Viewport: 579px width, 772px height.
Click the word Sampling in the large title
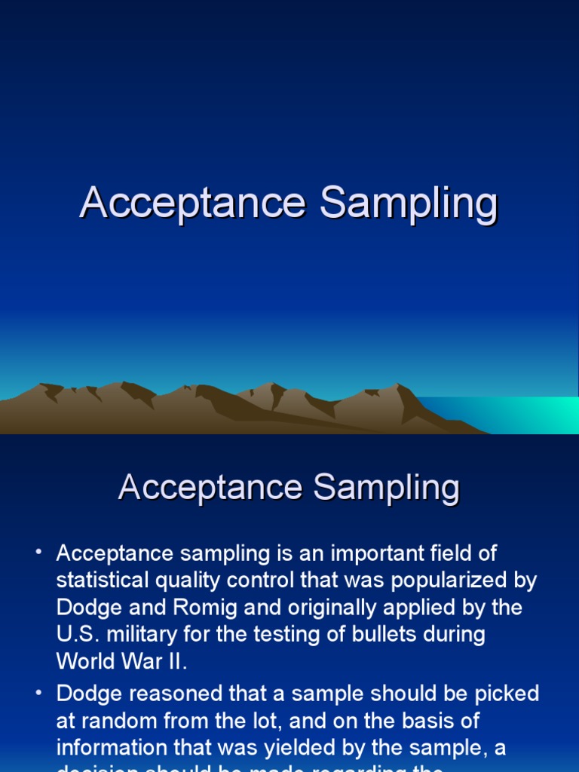coord(409,204)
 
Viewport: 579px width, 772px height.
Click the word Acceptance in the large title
coord(193,204)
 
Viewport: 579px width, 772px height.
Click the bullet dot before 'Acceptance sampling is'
coord(38,553)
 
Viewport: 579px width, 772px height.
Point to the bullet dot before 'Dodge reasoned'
coord(38,693)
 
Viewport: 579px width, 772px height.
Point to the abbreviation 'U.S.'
coord(78,634)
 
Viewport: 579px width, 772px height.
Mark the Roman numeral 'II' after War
coord(175,661)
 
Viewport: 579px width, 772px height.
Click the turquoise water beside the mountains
coord(528,415)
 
